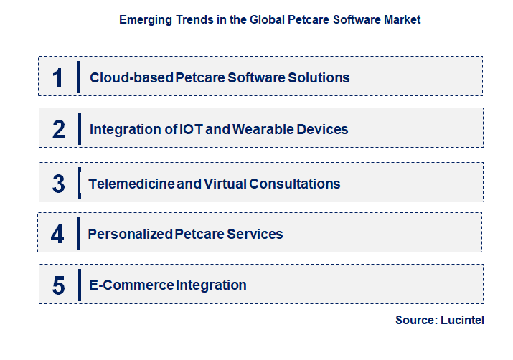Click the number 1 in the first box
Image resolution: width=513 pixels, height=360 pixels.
coord(58,78)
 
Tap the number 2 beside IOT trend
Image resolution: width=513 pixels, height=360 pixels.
coord(59,130)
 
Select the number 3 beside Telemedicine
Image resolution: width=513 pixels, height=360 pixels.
coord(59,184)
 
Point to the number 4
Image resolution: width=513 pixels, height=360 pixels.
coord(57,234)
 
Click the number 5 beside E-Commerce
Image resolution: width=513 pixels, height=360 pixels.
coord(59,285)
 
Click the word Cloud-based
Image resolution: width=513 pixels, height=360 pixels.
coord(131,78)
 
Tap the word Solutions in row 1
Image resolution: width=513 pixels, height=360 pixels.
coord(319,78)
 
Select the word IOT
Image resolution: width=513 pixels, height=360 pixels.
coord(191,130)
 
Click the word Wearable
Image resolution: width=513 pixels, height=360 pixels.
coord(263,130)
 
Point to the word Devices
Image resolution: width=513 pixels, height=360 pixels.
coord(322,130)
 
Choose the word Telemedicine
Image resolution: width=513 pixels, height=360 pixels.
coord(131,184)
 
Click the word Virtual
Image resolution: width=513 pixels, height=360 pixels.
coord(225,184)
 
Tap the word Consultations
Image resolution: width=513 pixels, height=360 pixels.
coord(295,184)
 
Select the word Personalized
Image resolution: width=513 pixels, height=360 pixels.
coord(130,234)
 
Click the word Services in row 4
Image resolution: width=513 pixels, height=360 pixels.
coord(255,234)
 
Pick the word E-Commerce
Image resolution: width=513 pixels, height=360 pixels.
coord(131,285)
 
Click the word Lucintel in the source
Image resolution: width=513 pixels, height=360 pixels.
coord(462,320)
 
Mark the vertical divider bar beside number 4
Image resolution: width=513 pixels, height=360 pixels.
coord(78,234)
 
